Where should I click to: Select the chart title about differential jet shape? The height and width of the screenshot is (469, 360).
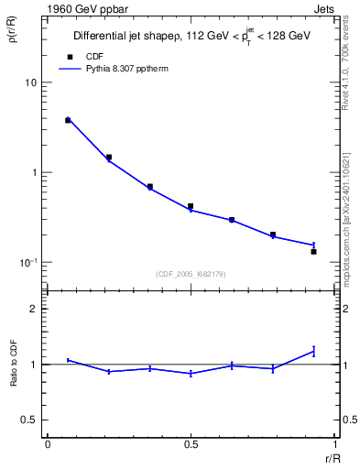coord(191,36)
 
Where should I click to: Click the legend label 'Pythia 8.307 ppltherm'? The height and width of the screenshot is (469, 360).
coord(116,69)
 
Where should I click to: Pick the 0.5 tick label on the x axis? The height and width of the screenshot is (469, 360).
coord(190,444)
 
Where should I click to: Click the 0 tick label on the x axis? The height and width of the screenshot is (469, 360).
coord(48,444)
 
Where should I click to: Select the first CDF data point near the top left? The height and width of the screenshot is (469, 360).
coord(68,120)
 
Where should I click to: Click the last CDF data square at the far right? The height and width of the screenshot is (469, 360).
coord(313,251)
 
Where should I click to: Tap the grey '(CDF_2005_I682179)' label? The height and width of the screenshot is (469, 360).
coord(190,273)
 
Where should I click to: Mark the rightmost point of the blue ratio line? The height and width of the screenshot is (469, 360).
coord(313,351)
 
